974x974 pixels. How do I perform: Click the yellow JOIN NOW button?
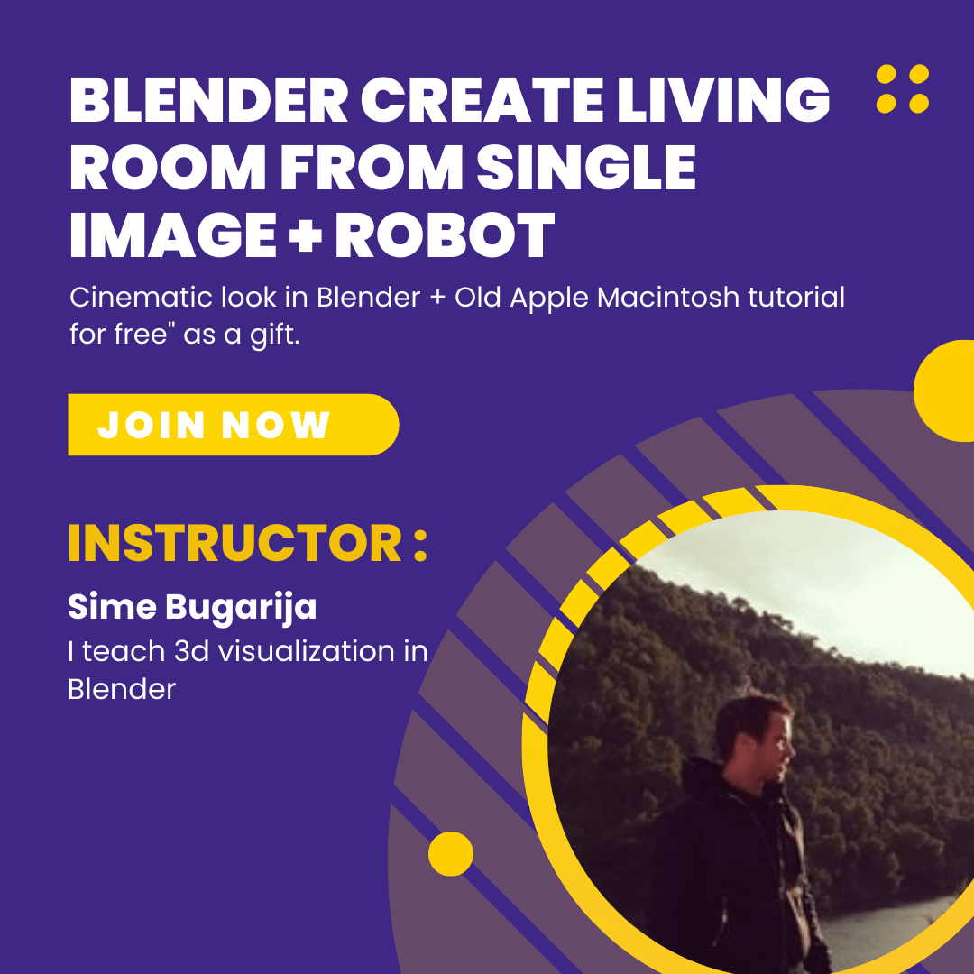(233, 425)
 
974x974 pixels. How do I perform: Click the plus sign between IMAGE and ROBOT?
(306, 236)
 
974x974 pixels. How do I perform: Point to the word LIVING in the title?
(723, 100)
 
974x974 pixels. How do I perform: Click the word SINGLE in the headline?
(586, 167)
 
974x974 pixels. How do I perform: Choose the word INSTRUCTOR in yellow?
(234, 544)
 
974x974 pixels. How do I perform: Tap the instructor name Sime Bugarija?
(192, 608)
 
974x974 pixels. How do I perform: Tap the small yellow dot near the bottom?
(450, 853)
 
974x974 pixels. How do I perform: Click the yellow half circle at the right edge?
(945, 391)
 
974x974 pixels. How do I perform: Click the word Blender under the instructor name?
(122, 689)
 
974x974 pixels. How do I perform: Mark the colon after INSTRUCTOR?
(420, 544)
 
